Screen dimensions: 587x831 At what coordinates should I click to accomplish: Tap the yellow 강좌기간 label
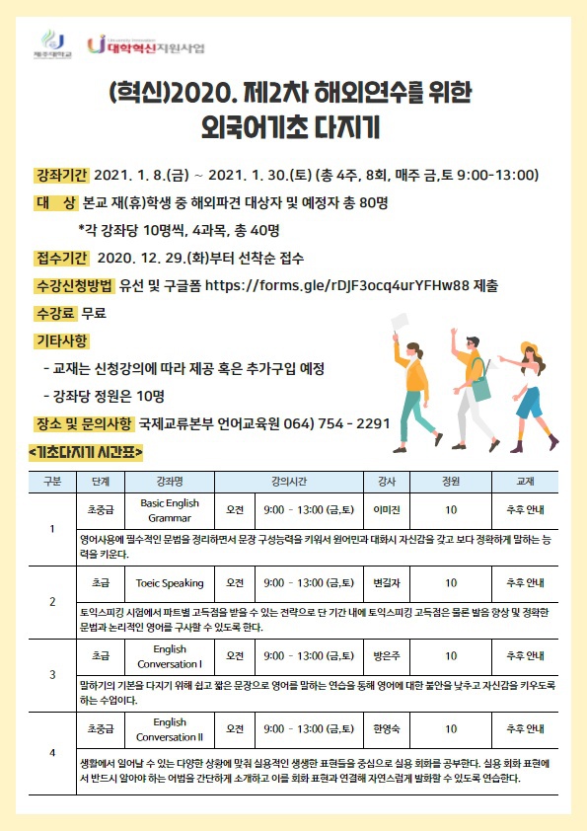coord(60,176)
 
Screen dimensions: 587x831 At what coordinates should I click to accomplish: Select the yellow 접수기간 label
coord(60,259)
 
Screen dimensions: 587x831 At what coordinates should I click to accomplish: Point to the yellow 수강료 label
coord(55,314)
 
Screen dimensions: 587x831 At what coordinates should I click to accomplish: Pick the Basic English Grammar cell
coord(170,509)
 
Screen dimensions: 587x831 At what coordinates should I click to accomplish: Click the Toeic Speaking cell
coord(170,582)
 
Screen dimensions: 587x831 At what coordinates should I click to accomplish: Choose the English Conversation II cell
coord(170,729)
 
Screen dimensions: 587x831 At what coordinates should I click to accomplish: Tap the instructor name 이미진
coord(386,509)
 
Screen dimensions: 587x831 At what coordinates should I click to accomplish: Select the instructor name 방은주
coord(386,655)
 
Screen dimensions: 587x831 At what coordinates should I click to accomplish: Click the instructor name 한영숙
coord(386,729)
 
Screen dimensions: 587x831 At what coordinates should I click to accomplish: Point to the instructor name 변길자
coord(386,582)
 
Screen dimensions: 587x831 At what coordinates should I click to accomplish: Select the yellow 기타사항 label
coord(60,341)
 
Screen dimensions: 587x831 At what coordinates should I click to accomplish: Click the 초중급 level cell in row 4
coord(101,729)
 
